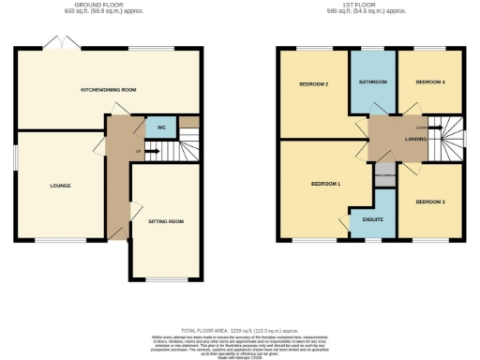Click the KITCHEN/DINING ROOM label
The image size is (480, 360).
(x=109, y=89)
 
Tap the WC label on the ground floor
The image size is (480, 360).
(x=161, y=127)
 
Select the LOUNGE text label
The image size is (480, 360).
(x=61, y=186)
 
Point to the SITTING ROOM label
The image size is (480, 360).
(x=166, y=221)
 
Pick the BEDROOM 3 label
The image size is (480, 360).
(x=429, y=202)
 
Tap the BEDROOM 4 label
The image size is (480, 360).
(x=429, y=82)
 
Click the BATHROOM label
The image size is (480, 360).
(x=372, y=82)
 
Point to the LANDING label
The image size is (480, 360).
(x=415, y=141)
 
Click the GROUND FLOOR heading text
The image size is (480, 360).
(x=109, y=6)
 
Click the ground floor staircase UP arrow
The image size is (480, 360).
(x=140, y=151)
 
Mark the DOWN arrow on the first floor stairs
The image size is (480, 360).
(x=421, y=128)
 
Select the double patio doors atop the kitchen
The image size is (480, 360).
(x=59, y=45)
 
